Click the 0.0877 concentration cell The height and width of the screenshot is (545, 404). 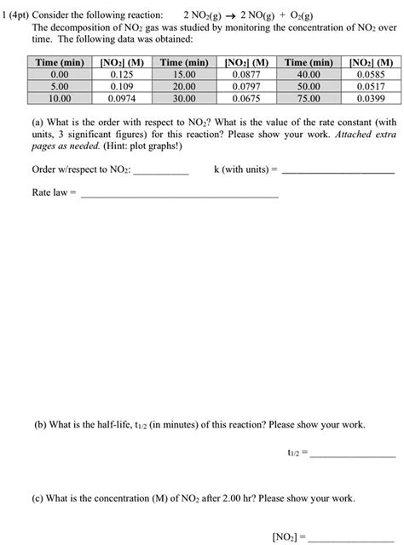(245, 75)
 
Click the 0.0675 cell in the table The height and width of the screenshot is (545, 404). (245, 99)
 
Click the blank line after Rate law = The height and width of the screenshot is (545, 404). (179, 196)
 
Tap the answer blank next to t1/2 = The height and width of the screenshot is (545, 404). (354, 457)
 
